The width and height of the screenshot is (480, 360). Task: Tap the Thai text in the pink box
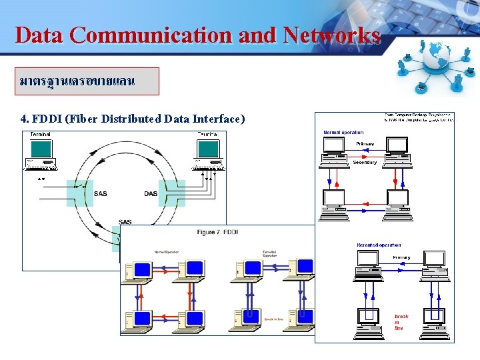[77, 81]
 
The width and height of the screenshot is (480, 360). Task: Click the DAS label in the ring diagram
[151, 194]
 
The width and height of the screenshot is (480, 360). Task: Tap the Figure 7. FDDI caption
[218, 232]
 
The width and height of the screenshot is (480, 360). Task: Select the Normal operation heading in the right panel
[343, 133]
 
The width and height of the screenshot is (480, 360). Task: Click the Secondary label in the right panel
[365, 162]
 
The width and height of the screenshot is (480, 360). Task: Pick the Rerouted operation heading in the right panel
[379, 245]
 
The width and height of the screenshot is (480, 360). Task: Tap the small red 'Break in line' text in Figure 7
[273, 319]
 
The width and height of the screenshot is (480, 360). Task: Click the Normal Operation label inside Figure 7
[166, 252]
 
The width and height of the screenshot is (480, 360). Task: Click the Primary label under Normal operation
[365, 143]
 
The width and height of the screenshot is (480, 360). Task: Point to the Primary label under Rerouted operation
[401, 257]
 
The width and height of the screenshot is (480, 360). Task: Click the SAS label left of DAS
[100, 194]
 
